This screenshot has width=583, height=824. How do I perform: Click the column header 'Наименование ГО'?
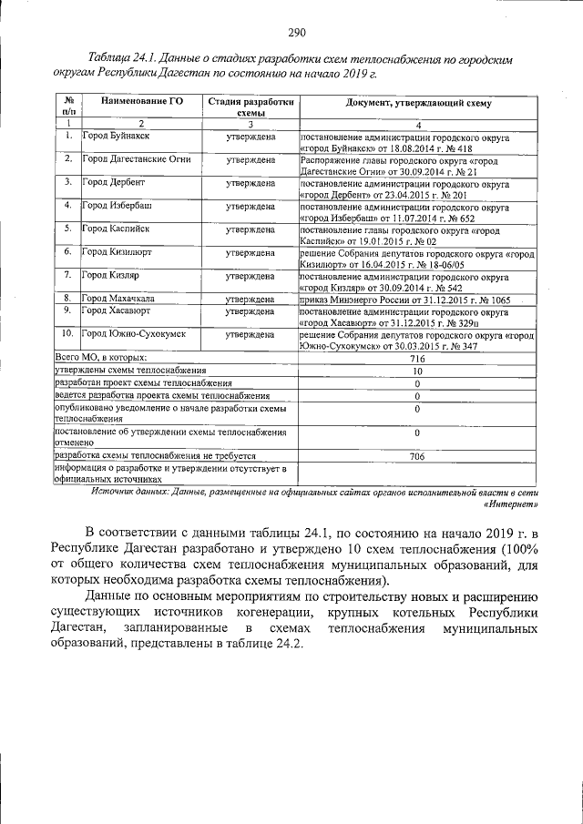tap(141, 103)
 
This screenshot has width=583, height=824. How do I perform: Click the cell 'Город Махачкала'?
tap(118, 299)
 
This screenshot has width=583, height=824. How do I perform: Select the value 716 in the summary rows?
tap(417, 360)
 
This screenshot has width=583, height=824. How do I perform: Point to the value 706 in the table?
tap(417, 455)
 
